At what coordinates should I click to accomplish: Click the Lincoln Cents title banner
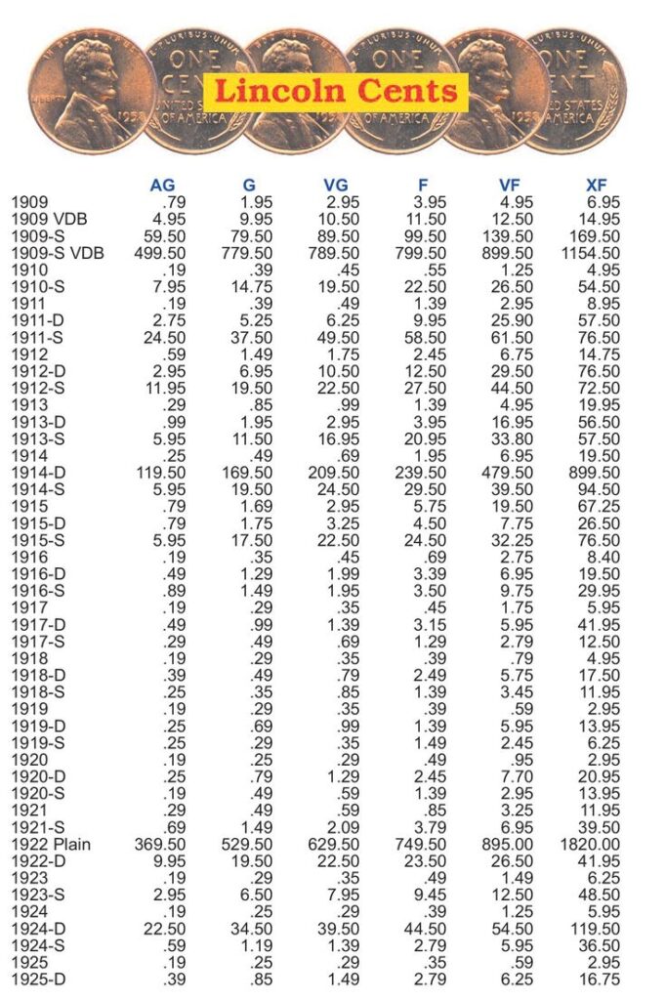(335, 91)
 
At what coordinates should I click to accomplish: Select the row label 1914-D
(38, 473)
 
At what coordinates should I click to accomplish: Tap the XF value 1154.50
(589, 253)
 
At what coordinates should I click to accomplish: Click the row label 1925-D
(38, 979)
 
